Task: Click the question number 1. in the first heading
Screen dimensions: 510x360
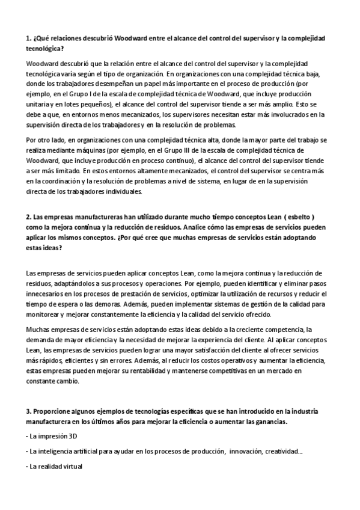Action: coord(29,38)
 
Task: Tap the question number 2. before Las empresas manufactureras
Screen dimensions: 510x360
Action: coord(29,217)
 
